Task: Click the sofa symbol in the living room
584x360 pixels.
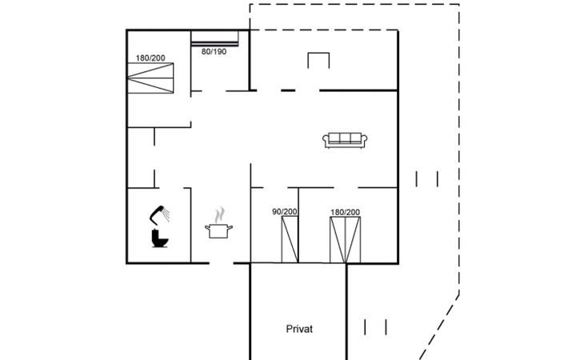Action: click(345, 140)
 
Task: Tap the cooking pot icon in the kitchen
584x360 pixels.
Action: click(218, 230)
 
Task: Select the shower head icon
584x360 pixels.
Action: click(157, 215)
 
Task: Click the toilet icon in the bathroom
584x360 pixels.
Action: click(159, 238)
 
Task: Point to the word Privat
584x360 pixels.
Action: click(299, 329)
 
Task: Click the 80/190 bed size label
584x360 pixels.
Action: click(214, 52)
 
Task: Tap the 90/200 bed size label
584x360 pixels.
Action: click(285, 212)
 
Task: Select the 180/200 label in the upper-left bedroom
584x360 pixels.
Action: click(150, 58)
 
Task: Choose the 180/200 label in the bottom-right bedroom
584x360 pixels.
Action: click(346, 212)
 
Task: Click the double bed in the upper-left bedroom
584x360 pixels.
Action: click(150, 78)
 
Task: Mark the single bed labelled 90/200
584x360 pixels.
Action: click(290, 239)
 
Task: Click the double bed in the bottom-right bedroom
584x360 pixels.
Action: click(346, 240)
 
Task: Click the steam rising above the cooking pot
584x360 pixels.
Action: click(220, 215)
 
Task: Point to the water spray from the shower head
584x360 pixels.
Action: click(166, 215)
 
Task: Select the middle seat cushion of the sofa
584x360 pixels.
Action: click(345, 138)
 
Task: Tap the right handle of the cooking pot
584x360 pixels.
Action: click(230, 227)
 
